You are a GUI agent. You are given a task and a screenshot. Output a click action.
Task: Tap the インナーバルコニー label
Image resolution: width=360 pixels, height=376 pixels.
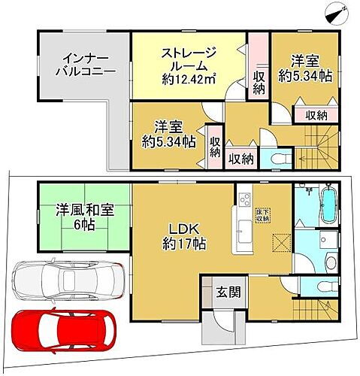tap(84, 66)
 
